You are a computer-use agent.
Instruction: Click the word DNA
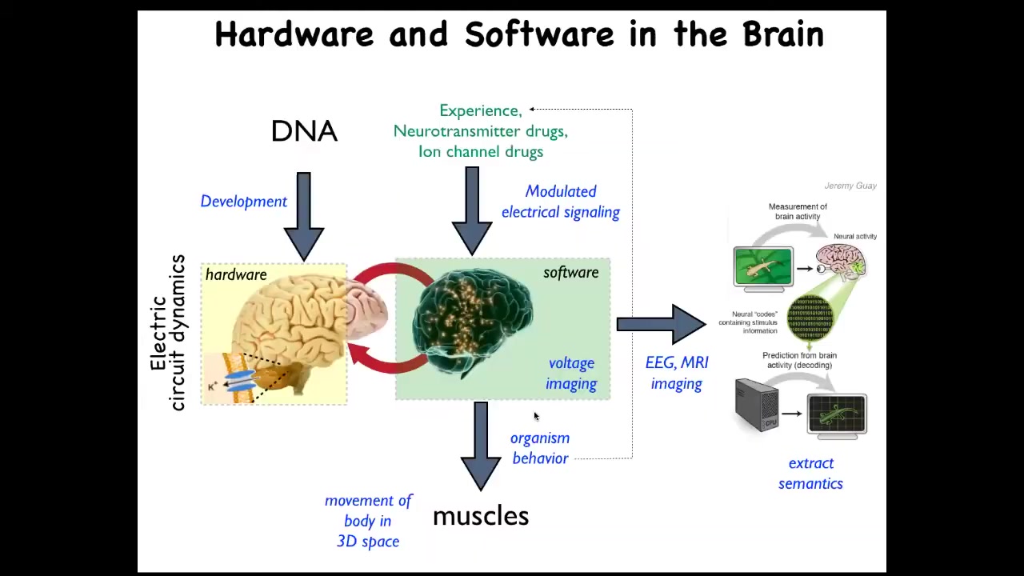[x=304, y=131]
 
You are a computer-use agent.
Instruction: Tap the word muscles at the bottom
[x=480, y=516]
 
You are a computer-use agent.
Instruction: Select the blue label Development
[x=243, y=202]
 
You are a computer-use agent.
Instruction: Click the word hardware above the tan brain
[x=236, y=274]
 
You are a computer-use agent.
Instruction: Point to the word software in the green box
[x=570, y=273]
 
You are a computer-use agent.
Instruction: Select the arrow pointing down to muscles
[x=480, y=444]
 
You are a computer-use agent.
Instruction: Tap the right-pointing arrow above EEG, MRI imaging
[x=660, y=324]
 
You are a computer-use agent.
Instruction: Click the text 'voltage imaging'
[x=571, y=374]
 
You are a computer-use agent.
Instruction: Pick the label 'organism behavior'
[x=540, y=448]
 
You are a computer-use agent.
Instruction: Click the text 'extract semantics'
[x=810, y=473]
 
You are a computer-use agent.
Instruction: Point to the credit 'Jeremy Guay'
[x=850, y=186]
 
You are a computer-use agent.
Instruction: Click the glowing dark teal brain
[x=472, y=320]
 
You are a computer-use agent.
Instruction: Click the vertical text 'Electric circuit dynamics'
[x=168, y=332]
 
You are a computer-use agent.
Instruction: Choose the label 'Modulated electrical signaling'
[x=560, y=202]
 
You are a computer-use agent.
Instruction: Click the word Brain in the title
[x=782, y=35]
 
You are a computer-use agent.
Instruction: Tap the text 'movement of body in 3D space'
[x=368, y=521]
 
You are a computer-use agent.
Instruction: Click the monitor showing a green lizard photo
[x=763, y=266]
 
